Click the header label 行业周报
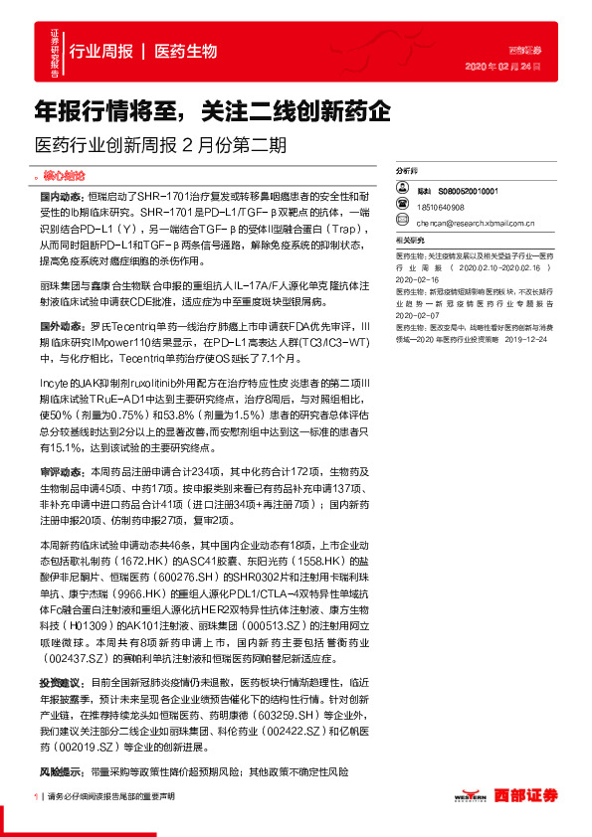[x=100, y=52]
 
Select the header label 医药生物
[x=186, y=52]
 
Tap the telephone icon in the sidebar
[x=399, y=207]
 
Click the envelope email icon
[x=399, y=224]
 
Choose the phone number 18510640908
[x=441, y=207]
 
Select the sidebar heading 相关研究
[x=410, y=241]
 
